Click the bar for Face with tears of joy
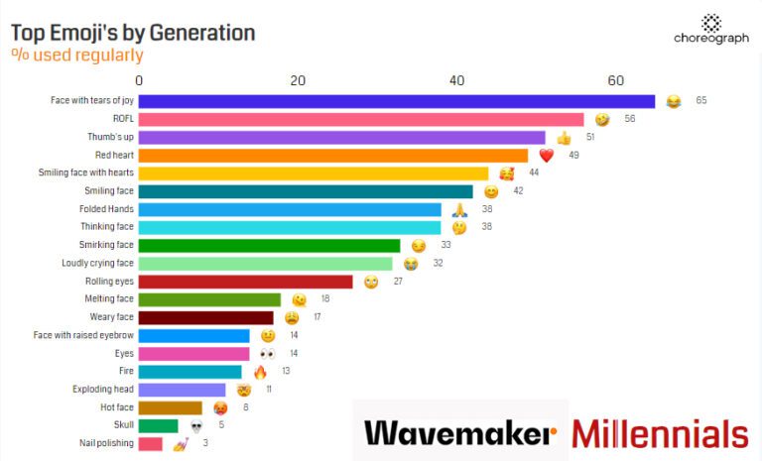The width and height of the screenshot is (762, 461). click(397, 101)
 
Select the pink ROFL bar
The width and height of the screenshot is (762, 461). click(361, 119)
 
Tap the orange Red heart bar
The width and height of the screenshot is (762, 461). click(333, 156)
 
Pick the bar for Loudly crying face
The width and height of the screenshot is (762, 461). click(266, 264)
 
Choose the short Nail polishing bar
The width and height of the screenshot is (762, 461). click(151, 443)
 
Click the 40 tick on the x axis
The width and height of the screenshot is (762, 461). click(456, 80)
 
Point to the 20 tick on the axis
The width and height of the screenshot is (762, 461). click(298, 80)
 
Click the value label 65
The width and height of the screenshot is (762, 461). click(700, 101)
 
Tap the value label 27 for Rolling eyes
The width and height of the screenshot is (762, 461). click(398, 282)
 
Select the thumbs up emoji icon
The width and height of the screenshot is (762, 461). click(564, 138)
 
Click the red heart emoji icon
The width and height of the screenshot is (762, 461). click(546, 156)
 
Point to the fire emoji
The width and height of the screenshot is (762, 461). click(260, 372)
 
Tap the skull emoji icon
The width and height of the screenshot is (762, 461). click(196, 425)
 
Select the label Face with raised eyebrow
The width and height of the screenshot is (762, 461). click(83, 335)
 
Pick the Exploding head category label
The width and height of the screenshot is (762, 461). click(103, 390)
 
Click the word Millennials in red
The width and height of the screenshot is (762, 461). click(660, 433)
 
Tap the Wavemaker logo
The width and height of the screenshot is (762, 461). click(460, 433)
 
